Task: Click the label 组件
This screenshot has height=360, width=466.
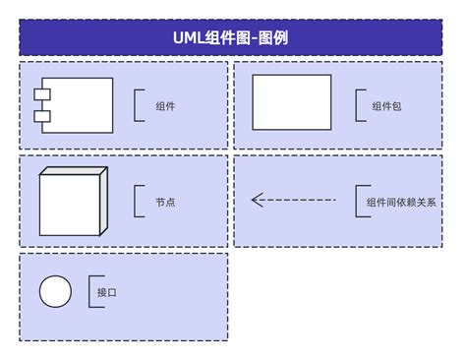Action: coord(165,106)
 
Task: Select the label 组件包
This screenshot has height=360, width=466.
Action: coord(386,106)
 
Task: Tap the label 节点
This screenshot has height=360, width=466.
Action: coord(165,202)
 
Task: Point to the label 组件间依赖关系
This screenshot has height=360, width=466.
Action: coord(400,202)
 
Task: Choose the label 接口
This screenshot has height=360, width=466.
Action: coord(106,292)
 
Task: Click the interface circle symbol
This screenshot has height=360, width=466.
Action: coord(55,292)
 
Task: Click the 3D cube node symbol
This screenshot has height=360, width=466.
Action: coord(69,206)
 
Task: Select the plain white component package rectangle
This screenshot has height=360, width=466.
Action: coord(292,101)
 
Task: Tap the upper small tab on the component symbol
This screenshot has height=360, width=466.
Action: coord(42,93)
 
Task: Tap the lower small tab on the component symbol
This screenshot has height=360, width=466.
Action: coord(42,116)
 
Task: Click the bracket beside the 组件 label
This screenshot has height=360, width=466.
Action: coord(137,106)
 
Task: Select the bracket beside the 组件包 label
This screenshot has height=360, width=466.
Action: coord(359,106)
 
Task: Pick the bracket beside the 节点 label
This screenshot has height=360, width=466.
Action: coord(137,202)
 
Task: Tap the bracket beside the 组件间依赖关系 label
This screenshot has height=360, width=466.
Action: coord(359,202)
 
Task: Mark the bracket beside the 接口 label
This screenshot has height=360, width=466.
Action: coord(91,292)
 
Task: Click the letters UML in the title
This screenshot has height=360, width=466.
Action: coord(188,38)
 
